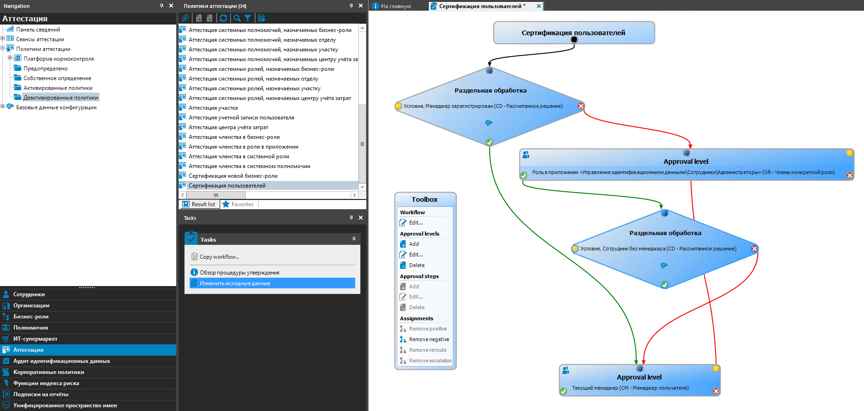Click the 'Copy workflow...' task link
point(219,257)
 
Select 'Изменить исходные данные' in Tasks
point(235,283)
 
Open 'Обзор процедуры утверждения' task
point(239,273)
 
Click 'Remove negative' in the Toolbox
point(429,339)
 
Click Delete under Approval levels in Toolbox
point(416,265)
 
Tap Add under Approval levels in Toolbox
point(413,244)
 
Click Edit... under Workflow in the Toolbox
point(415,223)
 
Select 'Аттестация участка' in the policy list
point(213,108)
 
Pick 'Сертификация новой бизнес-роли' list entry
point(233,176)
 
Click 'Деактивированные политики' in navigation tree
point(61,98)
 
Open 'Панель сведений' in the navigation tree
point(38,30)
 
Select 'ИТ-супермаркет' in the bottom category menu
point(35,339)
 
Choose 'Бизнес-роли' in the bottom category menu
point(31,317)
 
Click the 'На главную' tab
point(395,6)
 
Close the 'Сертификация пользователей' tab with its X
point(539,6)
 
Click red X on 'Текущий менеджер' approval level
point(716,391)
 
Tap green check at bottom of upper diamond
point(489,142)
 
